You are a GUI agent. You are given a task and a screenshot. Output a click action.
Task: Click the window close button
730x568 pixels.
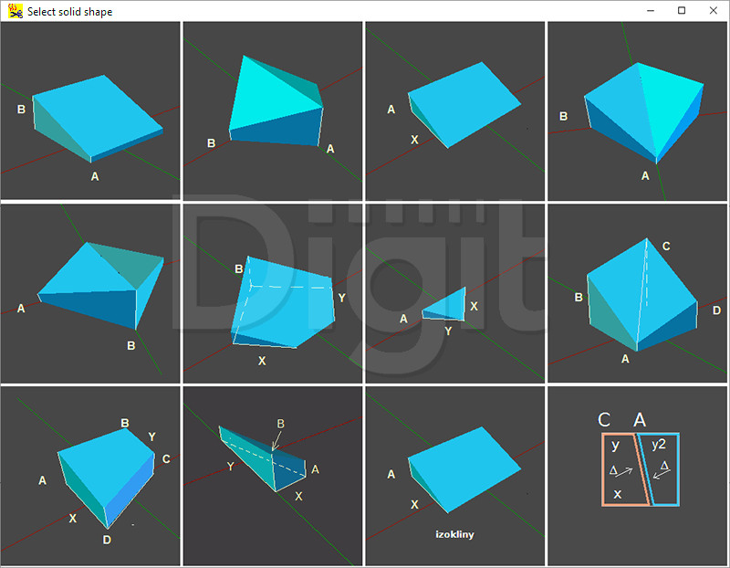point(713,10)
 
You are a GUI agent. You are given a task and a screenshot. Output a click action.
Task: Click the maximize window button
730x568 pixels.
point(682,10)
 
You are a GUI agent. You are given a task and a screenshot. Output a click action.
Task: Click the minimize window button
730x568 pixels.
point(651,11)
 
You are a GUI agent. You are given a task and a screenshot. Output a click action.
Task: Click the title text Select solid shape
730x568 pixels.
point(70,12)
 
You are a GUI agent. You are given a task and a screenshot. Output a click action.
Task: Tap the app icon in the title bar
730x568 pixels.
point(15,11)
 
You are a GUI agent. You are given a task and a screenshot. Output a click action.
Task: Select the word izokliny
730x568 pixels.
point(454,534)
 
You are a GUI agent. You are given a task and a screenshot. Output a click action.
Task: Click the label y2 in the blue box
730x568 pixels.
point(659,444)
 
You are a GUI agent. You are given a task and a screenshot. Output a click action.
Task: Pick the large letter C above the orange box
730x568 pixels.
point(604,420)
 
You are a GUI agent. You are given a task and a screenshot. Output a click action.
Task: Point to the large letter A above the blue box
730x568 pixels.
point(640,420)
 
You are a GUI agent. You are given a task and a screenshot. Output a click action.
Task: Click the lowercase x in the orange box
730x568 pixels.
point(618,494)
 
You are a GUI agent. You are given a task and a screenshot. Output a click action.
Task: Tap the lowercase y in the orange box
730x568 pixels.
point(615,446)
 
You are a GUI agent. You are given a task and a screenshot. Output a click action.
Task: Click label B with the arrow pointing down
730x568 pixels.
point(280,424)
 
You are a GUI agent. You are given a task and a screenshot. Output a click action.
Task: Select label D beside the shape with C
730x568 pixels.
point(716,310)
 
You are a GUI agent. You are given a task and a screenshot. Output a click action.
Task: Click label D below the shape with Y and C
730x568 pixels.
point(107,540)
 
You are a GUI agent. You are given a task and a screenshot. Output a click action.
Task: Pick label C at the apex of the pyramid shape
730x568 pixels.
point(666,246)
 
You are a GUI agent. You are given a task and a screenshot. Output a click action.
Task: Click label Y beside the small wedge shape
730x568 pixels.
point(448,331)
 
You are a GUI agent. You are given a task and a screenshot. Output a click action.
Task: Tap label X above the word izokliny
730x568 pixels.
point(414,505)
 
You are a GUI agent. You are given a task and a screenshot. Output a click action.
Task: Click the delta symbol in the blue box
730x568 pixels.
point(664,465)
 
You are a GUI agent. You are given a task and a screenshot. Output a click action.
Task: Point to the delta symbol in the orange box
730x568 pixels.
point(613,470)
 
